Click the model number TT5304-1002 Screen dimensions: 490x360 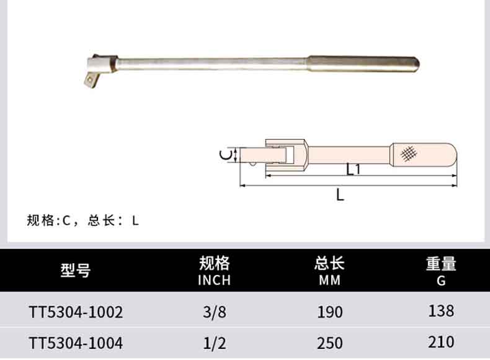coord(76,312)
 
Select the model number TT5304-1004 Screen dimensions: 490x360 coord(76,343)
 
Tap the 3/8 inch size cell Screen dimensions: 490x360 coord(215,312)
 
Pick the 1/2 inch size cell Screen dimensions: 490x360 coord(215,343)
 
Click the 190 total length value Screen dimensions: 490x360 coord(330,312)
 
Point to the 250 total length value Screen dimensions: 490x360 coord(330,343)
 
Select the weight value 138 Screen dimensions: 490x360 coord(441,311)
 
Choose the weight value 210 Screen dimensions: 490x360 coord(441,342)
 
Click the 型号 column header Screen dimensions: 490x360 coord(76,270)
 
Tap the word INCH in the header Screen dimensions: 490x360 coord(215,281)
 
